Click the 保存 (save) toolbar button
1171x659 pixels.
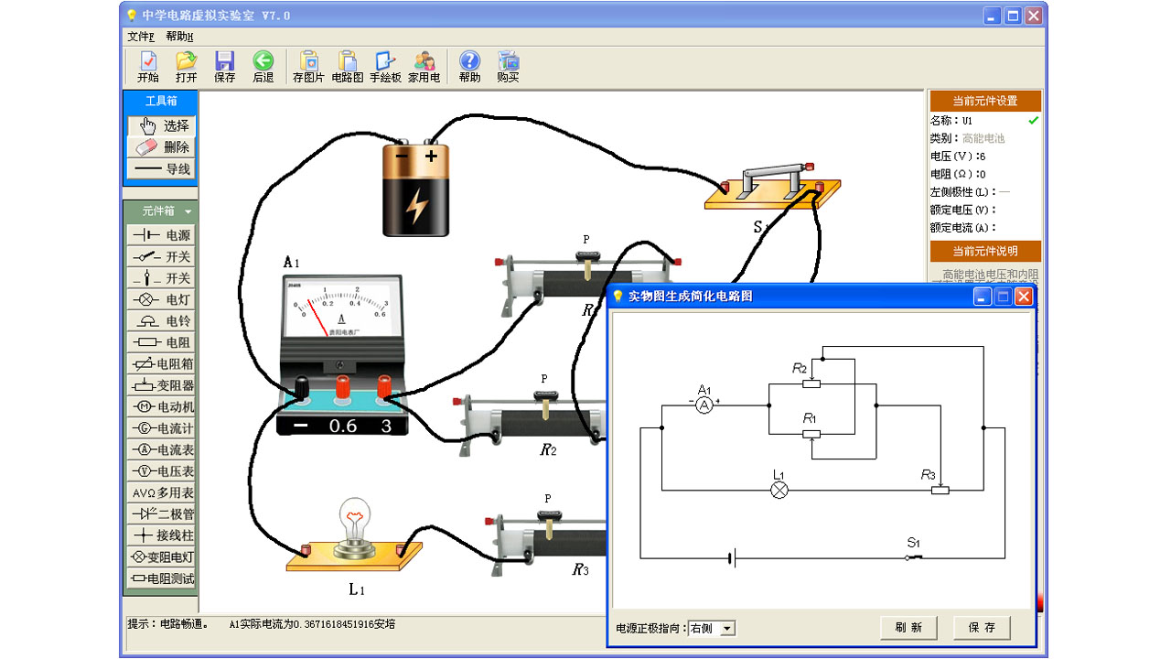[224, 67]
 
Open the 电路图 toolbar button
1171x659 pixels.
[348, 67]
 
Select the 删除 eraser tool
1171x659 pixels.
[162, 147]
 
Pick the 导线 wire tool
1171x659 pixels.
[162, 169]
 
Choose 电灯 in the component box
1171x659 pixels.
[162, 299]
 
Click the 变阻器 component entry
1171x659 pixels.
[162, 385]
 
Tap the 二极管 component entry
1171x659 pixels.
[162, 514]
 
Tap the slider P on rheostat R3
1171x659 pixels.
[548, 517]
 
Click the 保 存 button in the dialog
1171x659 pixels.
[982, 628]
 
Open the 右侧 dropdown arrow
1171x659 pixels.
[727, 629]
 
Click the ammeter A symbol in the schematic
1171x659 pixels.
[704, 405]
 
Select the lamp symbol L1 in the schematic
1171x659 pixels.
[779, 490]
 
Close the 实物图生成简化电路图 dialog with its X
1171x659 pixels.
[1024, 297]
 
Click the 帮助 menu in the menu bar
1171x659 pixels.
[179, 37]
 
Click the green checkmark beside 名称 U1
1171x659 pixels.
[1034, 121]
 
